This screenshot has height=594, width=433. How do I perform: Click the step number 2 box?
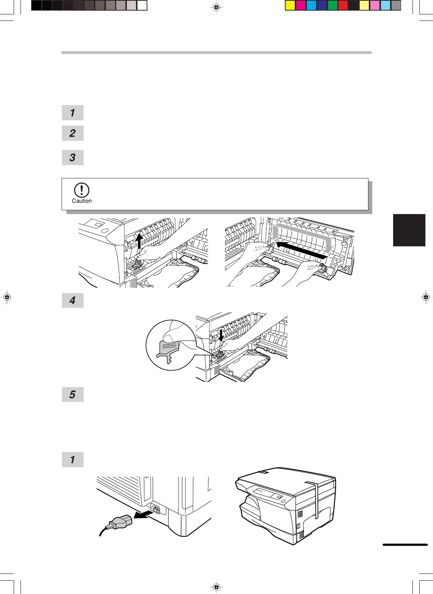tap(73, 133)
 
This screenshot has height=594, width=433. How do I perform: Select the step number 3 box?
tap(73, 158)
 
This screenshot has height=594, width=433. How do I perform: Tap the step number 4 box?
tap(73, 301)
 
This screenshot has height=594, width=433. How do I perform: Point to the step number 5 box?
tap(73, 395)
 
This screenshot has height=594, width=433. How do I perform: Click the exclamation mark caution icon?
tap(82, 190)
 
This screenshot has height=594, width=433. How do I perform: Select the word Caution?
tap(82, 201)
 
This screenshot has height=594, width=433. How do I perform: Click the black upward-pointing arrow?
tap(139, 241)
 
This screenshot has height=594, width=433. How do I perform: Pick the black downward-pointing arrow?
tap(221, 336)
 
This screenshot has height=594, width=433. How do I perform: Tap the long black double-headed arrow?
tap(302, 250)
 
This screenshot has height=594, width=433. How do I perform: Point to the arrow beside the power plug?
tap(143, 515)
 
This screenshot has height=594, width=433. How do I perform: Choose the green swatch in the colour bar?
tap(332, 6)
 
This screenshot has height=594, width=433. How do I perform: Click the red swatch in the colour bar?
tap(343, 6)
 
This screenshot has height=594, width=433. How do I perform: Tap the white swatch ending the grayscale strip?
tap(142, 6)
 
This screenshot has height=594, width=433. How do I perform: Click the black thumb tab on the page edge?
tap(409, 230)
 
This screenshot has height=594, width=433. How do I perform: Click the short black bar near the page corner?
tap(405, 544)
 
